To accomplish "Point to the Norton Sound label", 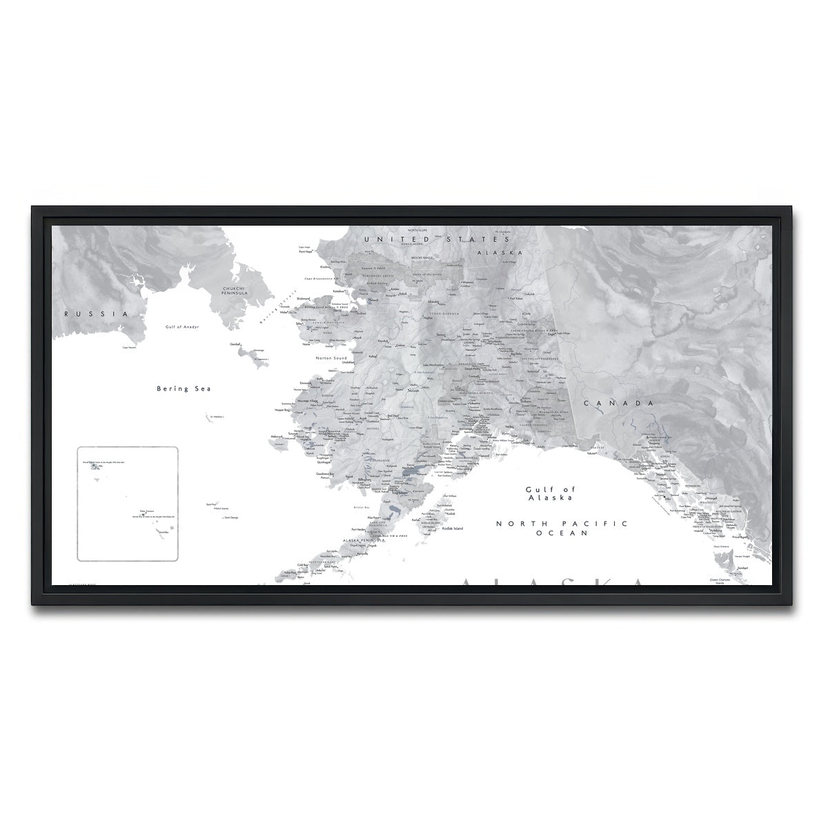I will point(331,358).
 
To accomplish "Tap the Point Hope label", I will point(306,253).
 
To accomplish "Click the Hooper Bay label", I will point(284,410).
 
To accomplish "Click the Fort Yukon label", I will point(516,299).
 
